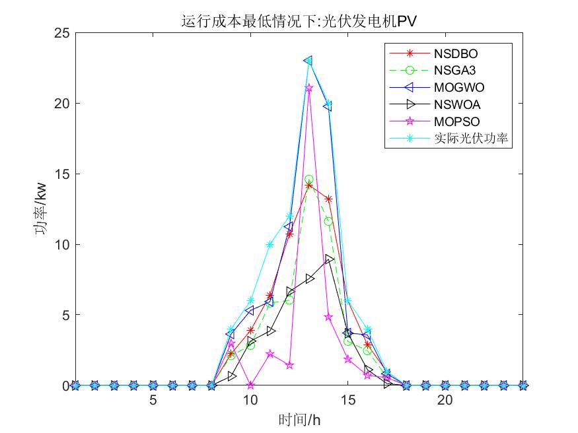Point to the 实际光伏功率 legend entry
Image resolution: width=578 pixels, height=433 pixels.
pyautogui.click(x=473, y=139)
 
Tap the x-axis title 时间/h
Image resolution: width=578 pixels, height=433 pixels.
pyautogui.click(x=299, y=419)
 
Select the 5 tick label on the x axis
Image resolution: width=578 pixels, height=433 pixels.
pyautogui.click(x=153, y=401)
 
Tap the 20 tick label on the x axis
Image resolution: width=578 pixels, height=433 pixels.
pyautogui.click(x=445, y=401)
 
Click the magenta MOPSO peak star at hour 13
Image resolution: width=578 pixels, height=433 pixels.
pyautogui.click(x=308, y=87)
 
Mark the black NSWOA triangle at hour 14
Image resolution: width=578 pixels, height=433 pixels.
pyautogui.click(x=328, y=259)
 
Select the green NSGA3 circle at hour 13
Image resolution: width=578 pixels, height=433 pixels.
pyautogui.click(x=308, y=180)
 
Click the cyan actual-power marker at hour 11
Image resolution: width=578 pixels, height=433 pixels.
pyautogui.click(x=270, y=244)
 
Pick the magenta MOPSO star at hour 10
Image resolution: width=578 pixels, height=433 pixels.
pyautogui.click(x=250, y=385)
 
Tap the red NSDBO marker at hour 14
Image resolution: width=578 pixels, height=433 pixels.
pyautogui.click(x=328, y=199)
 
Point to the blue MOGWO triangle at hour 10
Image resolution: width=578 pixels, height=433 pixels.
pyautogui.click(x=250, y=310)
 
